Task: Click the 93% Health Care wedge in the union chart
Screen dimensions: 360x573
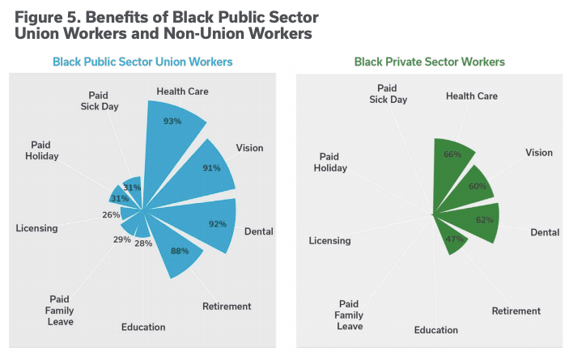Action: click(172, 129)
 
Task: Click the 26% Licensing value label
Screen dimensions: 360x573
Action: click(111, 215)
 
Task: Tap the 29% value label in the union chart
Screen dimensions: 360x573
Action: click(121, 240)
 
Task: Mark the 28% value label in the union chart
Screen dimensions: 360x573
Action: click(143, 244)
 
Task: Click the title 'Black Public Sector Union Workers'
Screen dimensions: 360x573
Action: click(142, 61)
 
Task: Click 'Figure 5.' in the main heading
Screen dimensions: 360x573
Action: click(51, 17)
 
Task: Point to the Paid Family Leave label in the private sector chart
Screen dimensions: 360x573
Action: click(349, 315)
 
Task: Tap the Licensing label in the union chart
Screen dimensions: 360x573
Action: click(36, 228)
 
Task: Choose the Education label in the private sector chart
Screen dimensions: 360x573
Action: click(435, 330)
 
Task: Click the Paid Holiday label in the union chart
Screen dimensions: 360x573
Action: click(41, 150)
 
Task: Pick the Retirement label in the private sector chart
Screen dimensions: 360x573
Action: click(516, 311)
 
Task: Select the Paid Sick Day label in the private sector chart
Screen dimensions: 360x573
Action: click(388, 93)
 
